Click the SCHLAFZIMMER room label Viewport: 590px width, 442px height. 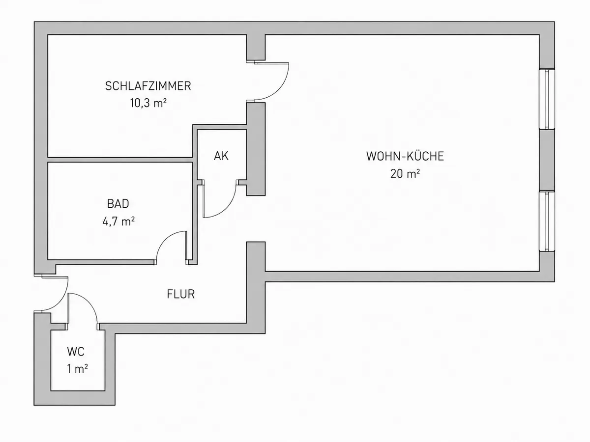point(148,86)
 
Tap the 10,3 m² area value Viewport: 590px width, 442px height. point(148,103)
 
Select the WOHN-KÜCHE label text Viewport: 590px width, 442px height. point(405,156)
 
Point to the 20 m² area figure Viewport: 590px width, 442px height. point(405,174)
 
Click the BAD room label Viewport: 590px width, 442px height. point(118,204)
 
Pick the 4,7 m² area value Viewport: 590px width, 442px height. point(118,221)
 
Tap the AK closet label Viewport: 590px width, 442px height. point(221,156)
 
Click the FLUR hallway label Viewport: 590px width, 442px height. point(180,294)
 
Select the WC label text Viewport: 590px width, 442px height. point(76,352)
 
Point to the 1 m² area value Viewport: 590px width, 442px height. point(77,369)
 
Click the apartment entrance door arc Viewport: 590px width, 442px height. point(61,300)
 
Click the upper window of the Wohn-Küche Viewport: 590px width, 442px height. point(547,99)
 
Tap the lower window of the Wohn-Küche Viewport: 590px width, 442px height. point(547,221)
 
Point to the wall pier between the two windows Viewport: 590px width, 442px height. point(547,160)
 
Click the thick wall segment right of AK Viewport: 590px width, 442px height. point(256,149)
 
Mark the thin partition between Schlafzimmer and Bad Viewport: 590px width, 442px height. point(120,160)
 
